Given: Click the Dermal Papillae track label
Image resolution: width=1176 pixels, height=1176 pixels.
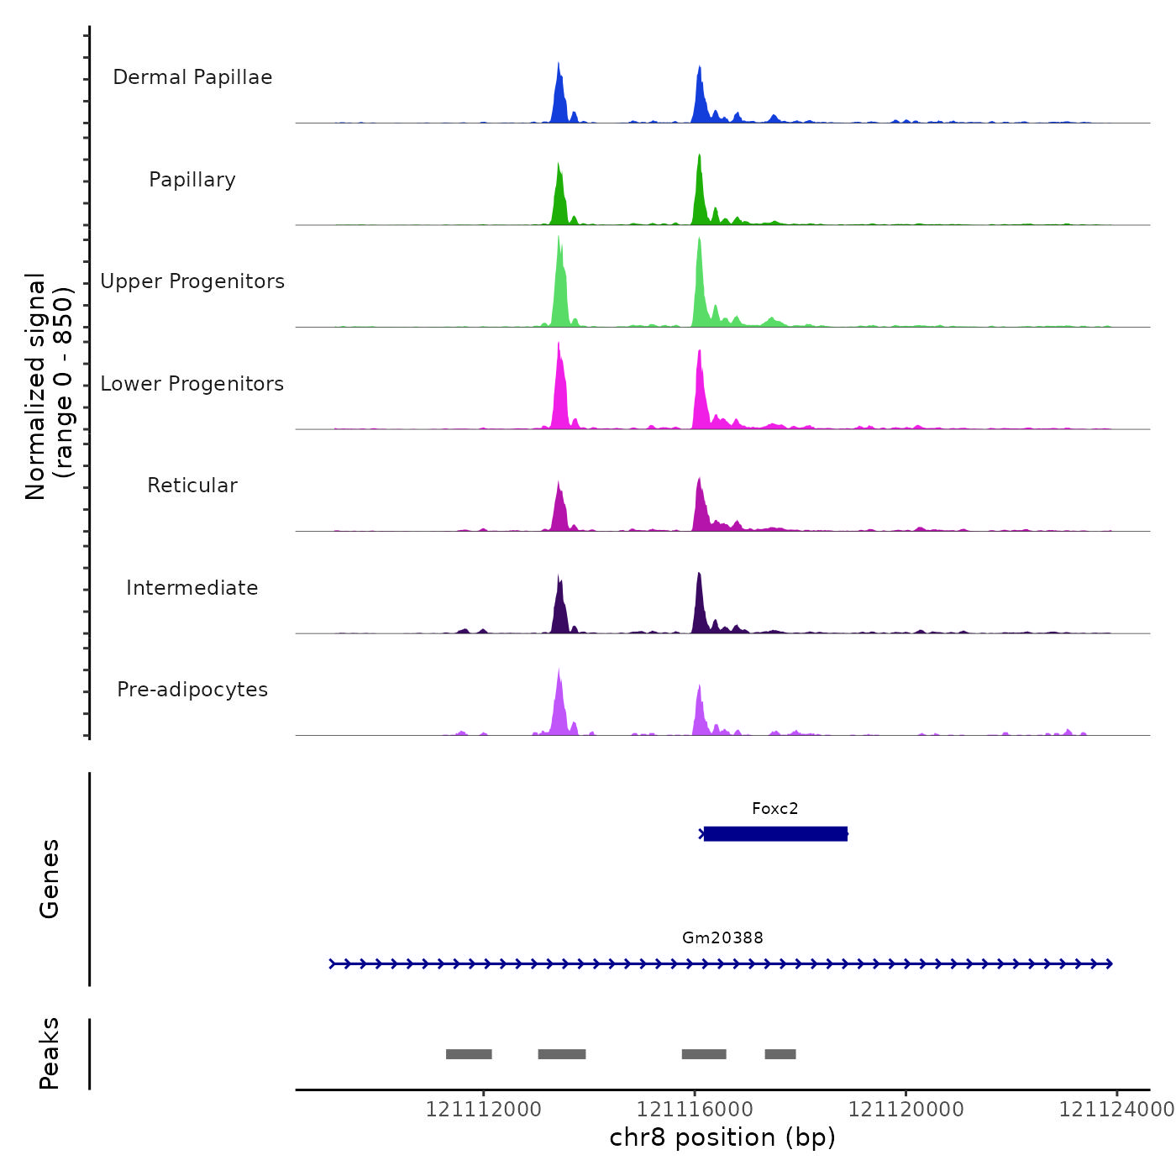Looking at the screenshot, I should click(192, 77).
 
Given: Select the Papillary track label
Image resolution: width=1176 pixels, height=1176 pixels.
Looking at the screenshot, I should click(192, 180).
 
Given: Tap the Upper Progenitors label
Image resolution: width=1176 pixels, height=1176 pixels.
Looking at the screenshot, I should click(192, 281).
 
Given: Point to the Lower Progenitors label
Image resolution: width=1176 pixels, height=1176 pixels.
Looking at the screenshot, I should click(192, 384).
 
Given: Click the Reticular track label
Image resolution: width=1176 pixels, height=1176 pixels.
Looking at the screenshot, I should click(192, 486).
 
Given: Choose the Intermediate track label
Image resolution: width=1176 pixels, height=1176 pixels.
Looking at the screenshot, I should click(192, 588).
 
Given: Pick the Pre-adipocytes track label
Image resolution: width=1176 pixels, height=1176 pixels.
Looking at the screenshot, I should click(192, 690).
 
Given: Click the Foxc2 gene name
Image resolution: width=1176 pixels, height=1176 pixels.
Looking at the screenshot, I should click(774, 809).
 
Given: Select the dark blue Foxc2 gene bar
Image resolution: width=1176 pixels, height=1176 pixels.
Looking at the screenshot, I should click(775, 834).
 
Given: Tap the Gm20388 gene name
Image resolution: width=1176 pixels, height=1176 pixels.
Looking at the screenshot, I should click(722, 938).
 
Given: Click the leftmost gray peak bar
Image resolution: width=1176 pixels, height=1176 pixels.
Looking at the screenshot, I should click(469, 1054).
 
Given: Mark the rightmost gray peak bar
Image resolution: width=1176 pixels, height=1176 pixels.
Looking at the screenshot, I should click(780, 1054).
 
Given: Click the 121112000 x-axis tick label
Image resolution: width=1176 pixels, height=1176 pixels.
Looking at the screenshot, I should click(483, 1110).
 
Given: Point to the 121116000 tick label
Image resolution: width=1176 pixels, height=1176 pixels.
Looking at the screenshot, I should click(695, 1110).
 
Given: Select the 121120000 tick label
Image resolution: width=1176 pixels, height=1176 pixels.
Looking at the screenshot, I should click(906, 1110).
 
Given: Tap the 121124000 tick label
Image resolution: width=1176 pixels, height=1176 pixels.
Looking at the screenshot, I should click(1116, 1110).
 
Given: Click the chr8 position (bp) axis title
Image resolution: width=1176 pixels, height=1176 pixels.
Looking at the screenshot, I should click(722, 1137).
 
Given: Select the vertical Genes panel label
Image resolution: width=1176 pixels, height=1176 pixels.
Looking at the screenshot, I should click(50, 879).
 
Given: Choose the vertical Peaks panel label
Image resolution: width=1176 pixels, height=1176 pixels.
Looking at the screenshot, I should click(50, 1053).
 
